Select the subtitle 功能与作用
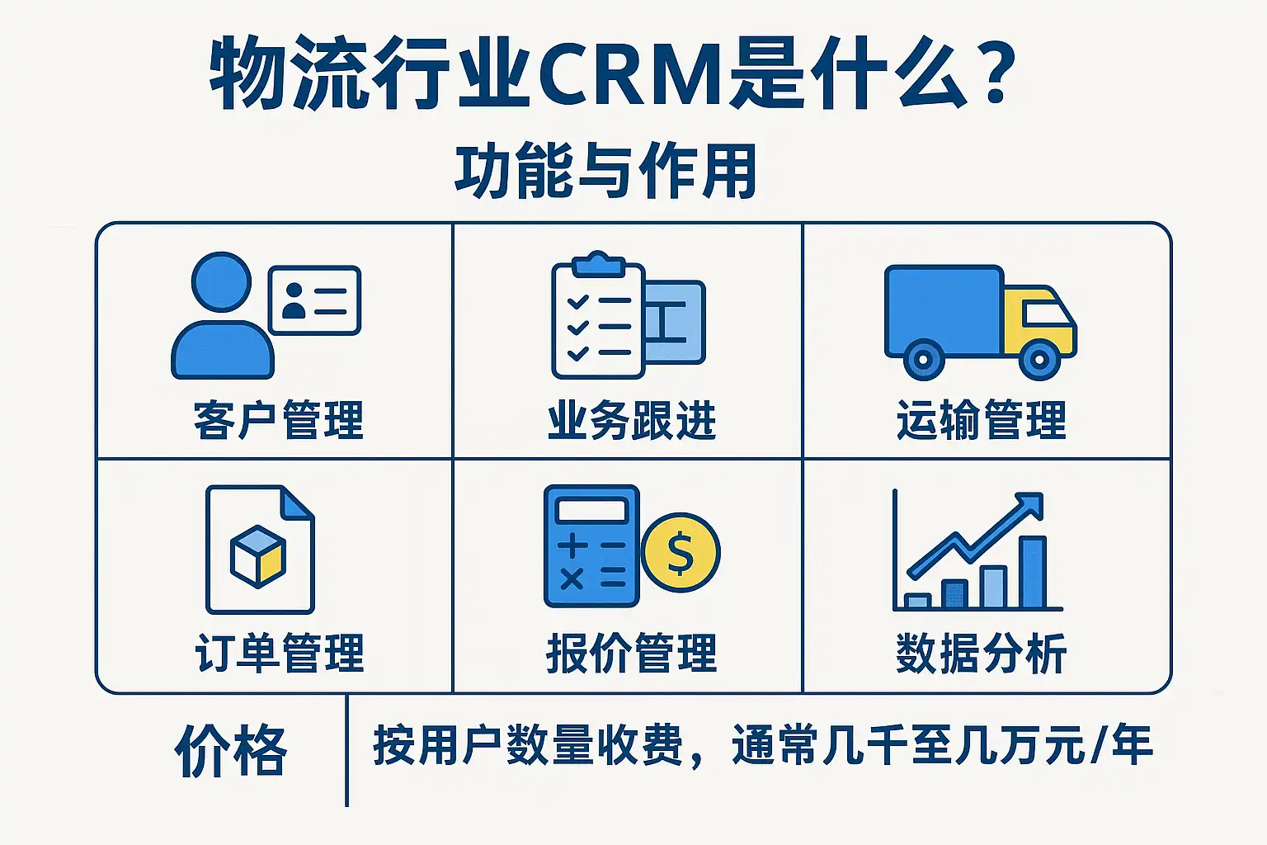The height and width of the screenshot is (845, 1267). click(605, 171)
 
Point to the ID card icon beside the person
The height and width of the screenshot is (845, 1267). click(314, 300)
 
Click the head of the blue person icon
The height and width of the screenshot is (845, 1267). click(221, 281)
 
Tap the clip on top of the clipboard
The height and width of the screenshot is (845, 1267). click(598, 264)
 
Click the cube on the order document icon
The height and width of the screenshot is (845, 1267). click(258, 556)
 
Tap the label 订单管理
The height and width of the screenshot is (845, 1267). click(279, 653)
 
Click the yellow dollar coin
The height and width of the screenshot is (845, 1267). click(681, 552)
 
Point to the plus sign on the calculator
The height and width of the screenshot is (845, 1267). click(572, 545)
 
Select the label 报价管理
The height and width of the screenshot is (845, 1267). click(632, 653)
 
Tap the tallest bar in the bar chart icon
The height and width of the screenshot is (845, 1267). click(1033, 572)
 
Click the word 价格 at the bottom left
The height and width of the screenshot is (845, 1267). click(231, 750)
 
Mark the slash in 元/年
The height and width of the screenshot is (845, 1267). click(1100, 745)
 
